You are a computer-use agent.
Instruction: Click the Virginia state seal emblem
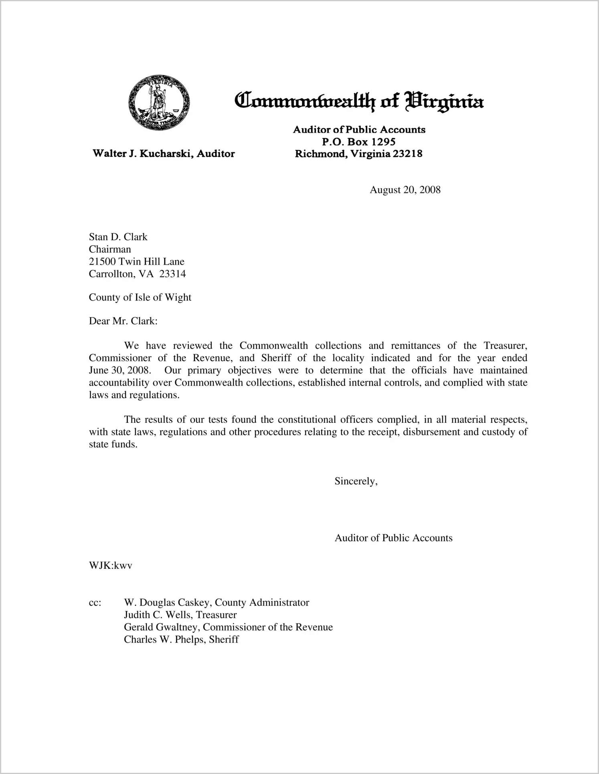point(159,103)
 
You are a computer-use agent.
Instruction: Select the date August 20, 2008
point(405,190)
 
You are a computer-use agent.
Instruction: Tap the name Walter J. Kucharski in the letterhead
point(139,154)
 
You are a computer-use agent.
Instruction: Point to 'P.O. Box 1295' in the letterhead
point(359,141)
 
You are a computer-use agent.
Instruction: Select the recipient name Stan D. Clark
point(118,237)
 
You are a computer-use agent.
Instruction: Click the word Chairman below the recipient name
point(110,249)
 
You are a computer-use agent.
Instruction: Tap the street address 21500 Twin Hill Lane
point(137,262)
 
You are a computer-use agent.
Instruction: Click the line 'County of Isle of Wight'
point(140,297)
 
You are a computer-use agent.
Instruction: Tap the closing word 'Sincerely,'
point(356,481)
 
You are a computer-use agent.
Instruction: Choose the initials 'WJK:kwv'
point(111,566)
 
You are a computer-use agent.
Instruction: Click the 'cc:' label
point(95,603)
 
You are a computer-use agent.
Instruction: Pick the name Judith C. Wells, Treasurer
point(180,615)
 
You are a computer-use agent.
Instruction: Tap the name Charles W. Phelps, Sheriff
point(181,639)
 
